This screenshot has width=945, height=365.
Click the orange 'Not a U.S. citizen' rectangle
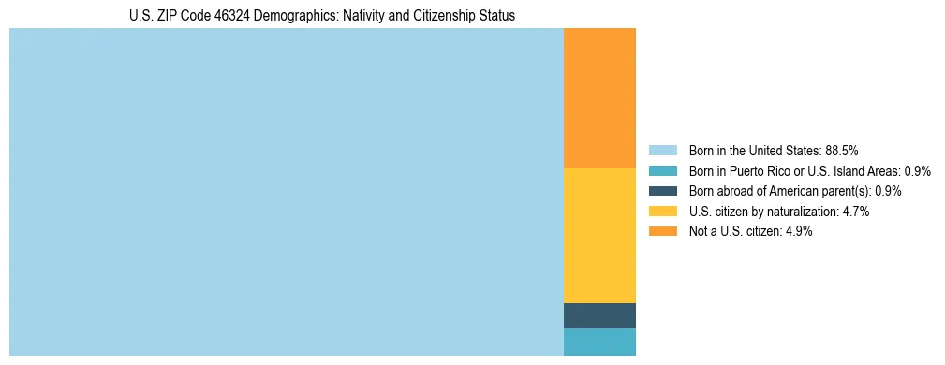[x=599, y=98]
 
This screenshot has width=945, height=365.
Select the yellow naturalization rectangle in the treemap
[x=599, y=236]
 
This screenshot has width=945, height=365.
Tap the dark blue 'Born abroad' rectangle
[x=599, y=315]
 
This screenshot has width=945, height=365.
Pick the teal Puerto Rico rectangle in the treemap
[x=599, y=342]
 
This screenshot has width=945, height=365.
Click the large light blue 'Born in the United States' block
[x=286, y=192]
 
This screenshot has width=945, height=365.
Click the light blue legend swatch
[x=662, y=150]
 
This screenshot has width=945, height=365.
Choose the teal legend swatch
[x=662, y=170]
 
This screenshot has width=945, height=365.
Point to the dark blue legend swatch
[x=662, y=191]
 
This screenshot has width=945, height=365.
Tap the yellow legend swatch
[x=662, y=212]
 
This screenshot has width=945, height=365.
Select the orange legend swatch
[x=662, y=232]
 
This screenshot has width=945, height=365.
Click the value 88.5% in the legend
[x=842, y=150]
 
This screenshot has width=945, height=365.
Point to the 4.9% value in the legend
[x=799, y=232]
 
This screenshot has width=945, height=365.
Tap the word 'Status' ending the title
[x=497, y=16]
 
